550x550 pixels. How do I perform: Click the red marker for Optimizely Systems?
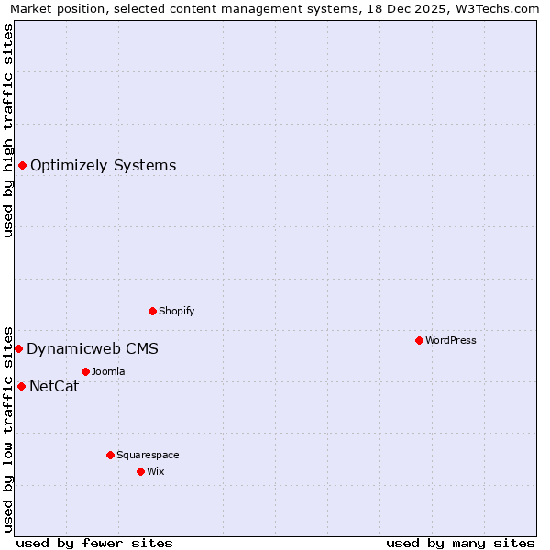tap(22, 165)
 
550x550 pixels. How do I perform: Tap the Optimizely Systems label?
tap(103, 166)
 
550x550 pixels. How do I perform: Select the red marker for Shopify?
tap(152, 311)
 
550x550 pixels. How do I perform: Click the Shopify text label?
tap(176, 311)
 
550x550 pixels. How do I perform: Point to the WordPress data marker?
tap(419, 340)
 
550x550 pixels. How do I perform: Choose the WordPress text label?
tap(450, 340)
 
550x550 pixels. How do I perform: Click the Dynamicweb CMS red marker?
tap(18, 348)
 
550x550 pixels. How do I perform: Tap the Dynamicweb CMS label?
tap(92, 349)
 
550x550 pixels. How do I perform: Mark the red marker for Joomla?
tap(85, 371)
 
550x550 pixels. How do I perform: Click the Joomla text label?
tap(108, 371)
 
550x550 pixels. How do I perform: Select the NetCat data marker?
tap(21, 386)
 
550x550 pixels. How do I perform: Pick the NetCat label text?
tap(54, 387)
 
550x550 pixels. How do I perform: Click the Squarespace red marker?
tap(110, 455)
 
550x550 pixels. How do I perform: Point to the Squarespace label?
tap(148, 455)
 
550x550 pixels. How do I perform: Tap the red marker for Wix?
tap(140, 471)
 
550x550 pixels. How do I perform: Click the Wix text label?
tap(156, 471)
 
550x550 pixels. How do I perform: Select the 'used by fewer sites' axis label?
tap(94, 543)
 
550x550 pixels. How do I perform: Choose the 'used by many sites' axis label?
tap(460, 543)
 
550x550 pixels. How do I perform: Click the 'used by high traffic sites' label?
tap(8, 130)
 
